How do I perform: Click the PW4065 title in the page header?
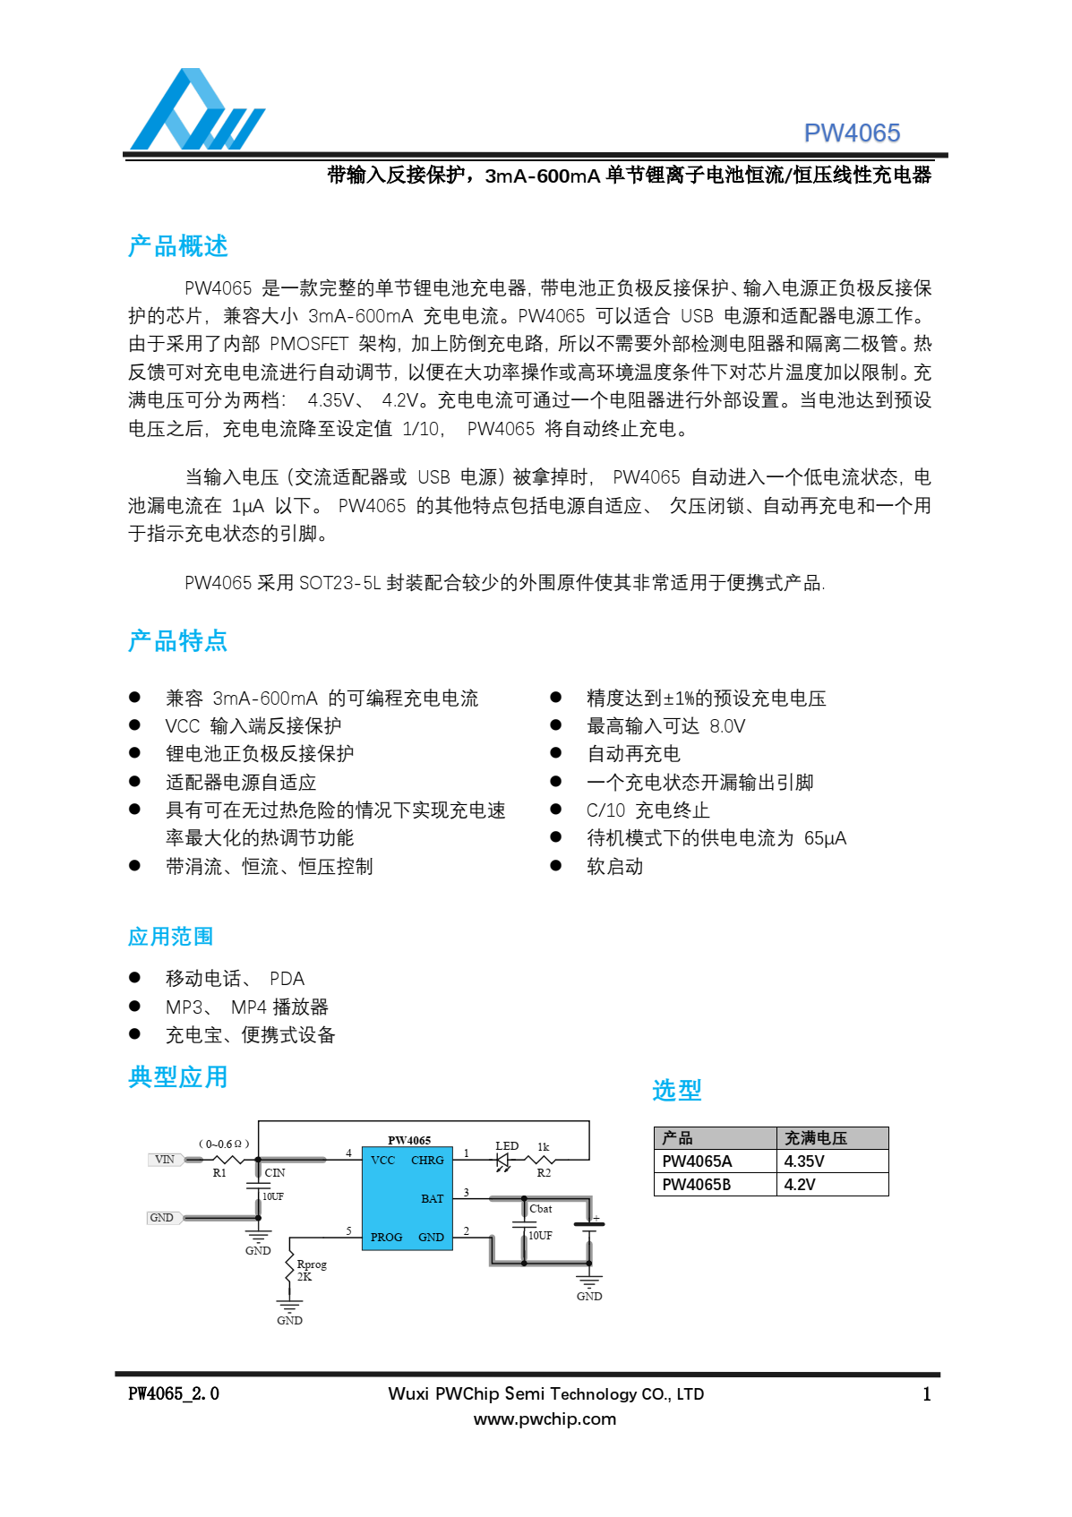(x=851, y=133)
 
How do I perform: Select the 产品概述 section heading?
(x=177, y=246)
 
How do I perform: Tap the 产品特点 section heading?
(x=177, y=641)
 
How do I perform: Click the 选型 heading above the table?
(x=676, y=1090)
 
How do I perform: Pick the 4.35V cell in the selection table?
(x=804, y=1161)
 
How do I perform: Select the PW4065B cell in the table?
(x=697, y=1185)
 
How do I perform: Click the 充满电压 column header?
(x=816, y=1138)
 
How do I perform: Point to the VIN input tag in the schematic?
(x=165, y=1160)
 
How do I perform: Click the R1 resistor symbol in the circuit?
(x=221, y=1160)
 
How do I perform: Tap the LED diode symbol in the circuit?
(x=503, y=1161)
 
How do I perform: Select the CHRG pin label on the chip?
(x=427, y=1161)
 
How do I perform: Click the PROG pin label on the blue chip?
(x=387, y=1238)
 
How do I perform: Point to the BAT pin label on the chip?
(x=433, y=1199)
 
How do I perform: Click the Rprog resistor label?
(x=312, y=1264)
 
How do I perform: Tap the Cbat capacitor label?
(x=541, y=1209)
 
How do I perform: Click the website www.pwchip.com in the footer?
(x=545, y=1419)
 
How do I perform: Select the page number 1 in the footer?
(x=927, y=1394)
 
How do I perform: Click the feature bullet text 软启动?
(x=614, y=867)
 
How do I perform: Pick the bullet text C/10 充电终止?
(x=647, y=810)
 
